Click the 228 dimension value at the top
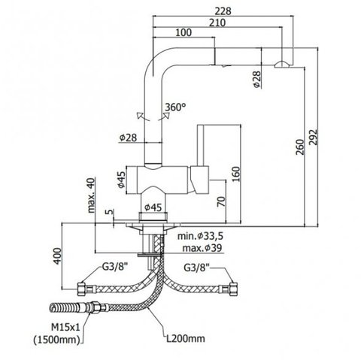click(x=223, y=11)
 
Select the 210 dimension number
click(x=217, y=23)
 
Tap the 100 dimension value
click(x=184, y=32)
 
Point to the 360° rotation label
click(x=175, y=107)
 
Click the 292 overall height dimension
click(x=313, y=137)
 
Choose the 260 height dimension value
click(x=300, y=147)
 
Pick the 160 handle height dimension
click(x=235, y=174)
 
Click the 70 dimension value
click(x=221, y=201)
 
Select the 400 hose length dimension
click(x=57, y=256)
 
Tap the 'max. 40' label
click(x=91, y=195)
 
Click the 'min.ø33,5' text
click(x=200, y=236)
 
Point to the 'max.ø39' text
click(x=202, y=248)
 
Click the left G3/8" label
click(x=115, y=268)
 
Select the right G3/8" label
click(x=197, y=268)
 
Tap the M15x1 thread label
click(x=65, y=327)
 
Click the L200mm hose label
click(x=186, y=339)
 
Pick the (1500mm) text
click(x=56, y=340)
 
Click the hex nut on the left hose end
click(x=81, y=289)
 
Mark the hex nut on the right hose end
click(x=233, y=289)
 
